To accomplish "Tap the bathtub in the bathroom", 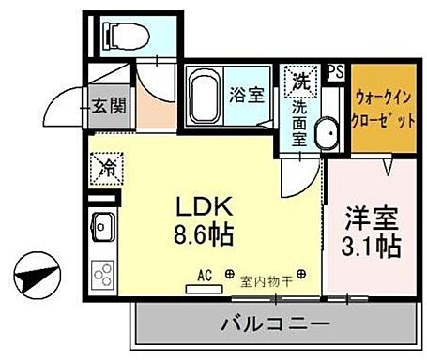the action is coord(204,95).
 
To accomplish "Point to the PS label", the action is coord(336,69).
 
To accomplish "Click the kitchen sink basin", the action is coord(101,228).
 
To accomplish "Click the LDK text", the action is coord(201,208).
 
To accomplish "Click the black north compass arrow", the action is coord(35,280).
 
